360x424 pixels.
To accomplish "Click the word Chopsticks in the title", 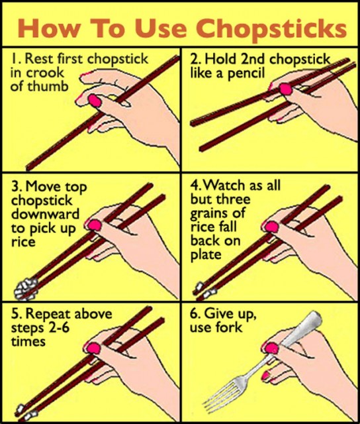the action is click(x=271, y=28).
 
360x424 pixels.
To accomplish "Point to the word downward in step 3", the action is click(x=45, y=214).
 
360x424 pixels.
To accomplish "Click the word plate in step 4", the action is click(x=206, y=254).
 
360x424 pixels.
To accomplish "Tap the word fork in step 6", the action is click(x=229, y=327).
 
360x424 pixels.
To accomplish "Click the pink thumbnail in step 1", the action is click(x=95, y=101).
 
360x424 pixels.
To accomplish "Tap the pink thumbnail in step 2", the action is click(x=286, y=89).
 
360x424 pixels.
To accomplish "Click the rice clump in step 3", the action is click(x=26, y=289).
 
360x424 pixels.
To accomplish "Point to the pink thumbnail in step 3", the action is click(x=95, y=225).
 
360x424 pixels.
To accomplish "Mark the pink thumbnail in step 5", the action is click(x=94, y=348).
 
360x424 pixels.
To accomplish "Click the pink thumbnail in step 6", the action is click(x=271, y=348).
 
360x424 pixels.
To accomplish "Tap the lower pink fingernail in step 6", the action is click(x=266, y=376).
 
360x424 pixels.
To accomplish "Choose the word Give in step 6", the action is click(x=217, y=313).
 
